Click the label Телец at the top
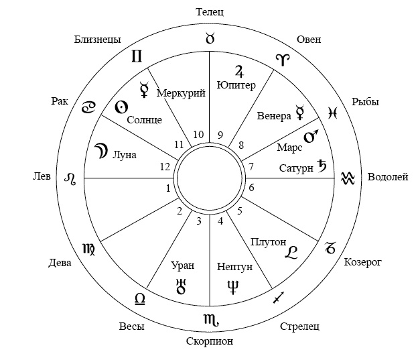tap(210, 12)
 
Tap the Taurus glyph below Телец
tap(210, 38)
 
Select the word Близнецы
tap(98, 40)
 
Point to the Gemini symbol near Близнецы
tap(137, 56)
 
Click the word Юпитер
tap(236, 85)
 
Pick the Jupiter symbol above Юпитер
tap(239, 71)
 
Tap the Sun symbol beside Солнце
tap(121, 107)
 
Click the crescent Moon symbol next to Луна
tap(101, 151)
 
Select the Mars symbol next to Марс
tap(311, 136)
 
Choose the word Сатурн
tap(296, 168)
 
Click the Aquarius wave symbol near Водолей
tap(348, 178)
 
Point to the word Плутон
tap(269, 242)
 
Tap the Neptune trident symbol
tap(233, 288)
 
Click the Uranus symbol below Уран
tap(182, 286)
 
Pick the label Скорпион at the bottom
tap(210, 341)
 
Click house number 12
tap(165, 167)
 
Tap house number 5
tap(240, 211)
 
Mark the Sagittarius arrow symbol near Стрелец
tap(278, 297)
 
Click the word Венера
tap(274, 116)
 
